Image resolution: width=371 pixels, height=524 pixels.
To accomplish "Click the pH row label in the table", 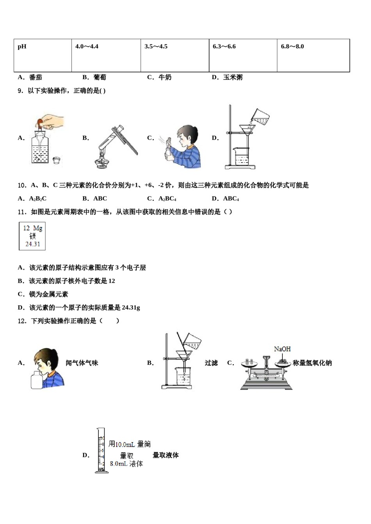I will [x=22, y=47].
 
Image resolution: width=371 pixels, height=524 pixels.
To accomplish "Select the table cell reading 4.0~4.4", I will [x=87, y=47].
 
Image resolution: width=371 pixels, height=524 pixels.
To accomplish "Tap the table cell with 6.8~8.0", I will [x=292, y=47].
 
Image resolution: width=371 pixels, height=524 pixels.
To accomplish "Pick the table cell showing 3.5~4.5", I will [x=156, y=47].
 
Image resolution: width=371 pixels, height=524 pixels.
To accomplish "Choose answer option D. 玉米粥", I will [x=227, y=77].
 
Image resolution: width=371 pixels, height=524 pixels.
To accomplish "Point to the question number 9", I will [x=21, y=91].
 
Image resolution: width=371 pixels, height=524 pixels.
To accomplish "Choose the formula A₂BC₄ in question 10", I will [x=167, y=199].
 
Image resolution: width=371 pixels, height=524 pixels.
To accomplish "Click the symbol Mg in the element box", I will [x=37, y=228].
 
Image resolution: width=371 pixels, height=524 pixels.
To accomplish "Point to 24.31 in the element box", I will [x=32, y=244].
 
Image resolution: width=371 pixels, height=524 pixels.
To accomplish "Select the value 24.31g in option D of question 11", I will [x=131, y=308].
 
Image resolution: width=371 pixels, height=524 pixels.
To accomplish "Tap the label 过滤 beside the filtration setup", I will [x=211, y=363].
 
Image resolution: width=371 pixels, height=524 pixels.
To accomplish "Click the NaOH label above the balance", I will [x=282, y=349].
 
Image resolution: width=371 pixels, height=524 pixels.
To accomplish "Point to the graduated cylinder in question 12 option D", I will [x=101, y=451].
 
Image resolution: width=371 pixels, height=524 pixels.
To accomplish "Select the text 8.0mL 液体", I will [x=126, y=464].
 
